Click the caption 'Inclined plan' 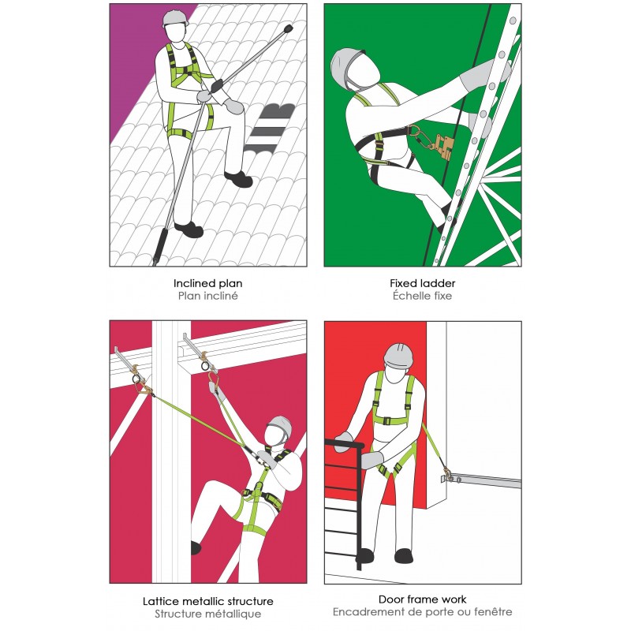click(x=207, y=282)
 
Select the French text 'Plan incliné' click(x=207, y=296)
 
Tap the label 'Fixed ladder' click(x=422, y=282)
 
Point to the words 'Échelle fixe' click(x=422, y=296)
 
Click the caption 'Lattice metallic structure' click(x=207, y=600)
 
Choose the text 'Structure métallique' click(x=207, y=614)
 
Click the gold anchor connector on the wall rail click(x=448, y=475)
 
